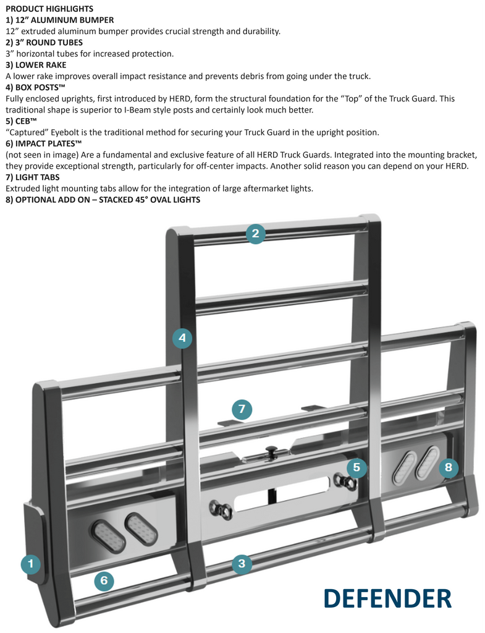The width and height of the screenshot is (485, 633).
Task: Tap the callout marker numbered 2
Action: tap(255, 233)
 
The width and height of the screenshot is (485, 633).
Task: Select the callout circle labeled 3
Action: tap(242, 563)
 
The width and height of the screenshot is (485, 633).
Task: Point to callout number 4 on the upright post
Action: tap(182, 338)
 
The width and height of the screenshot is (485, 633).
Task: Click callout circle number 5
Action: tap(356, 468)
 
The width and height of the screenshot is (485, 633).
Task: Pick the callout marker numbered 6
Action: tap(104, 580)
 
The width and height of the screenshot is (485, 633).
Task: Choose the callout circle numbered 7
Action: tap(242, 409)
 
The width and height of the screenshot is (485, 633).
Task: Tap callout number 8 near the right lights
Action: tap(449, 468)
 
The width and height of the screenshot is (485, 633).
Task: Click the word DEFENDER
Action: tap(387, 598)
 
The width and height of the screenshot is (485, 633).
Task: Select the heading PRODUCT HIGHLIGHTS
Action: tap(49, 9)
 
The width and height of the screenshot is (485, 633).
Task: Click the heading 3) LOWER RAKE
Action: tap(36, 65)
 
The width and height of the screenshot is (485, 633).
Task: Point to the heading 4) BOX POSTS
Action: tap(35, 87)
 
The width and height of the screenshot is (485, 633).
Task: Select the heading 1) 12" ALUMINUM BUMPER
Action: tap(59, 20)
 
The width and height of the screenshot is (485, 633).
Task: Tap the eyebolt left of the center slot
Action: tap(221, 510)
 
